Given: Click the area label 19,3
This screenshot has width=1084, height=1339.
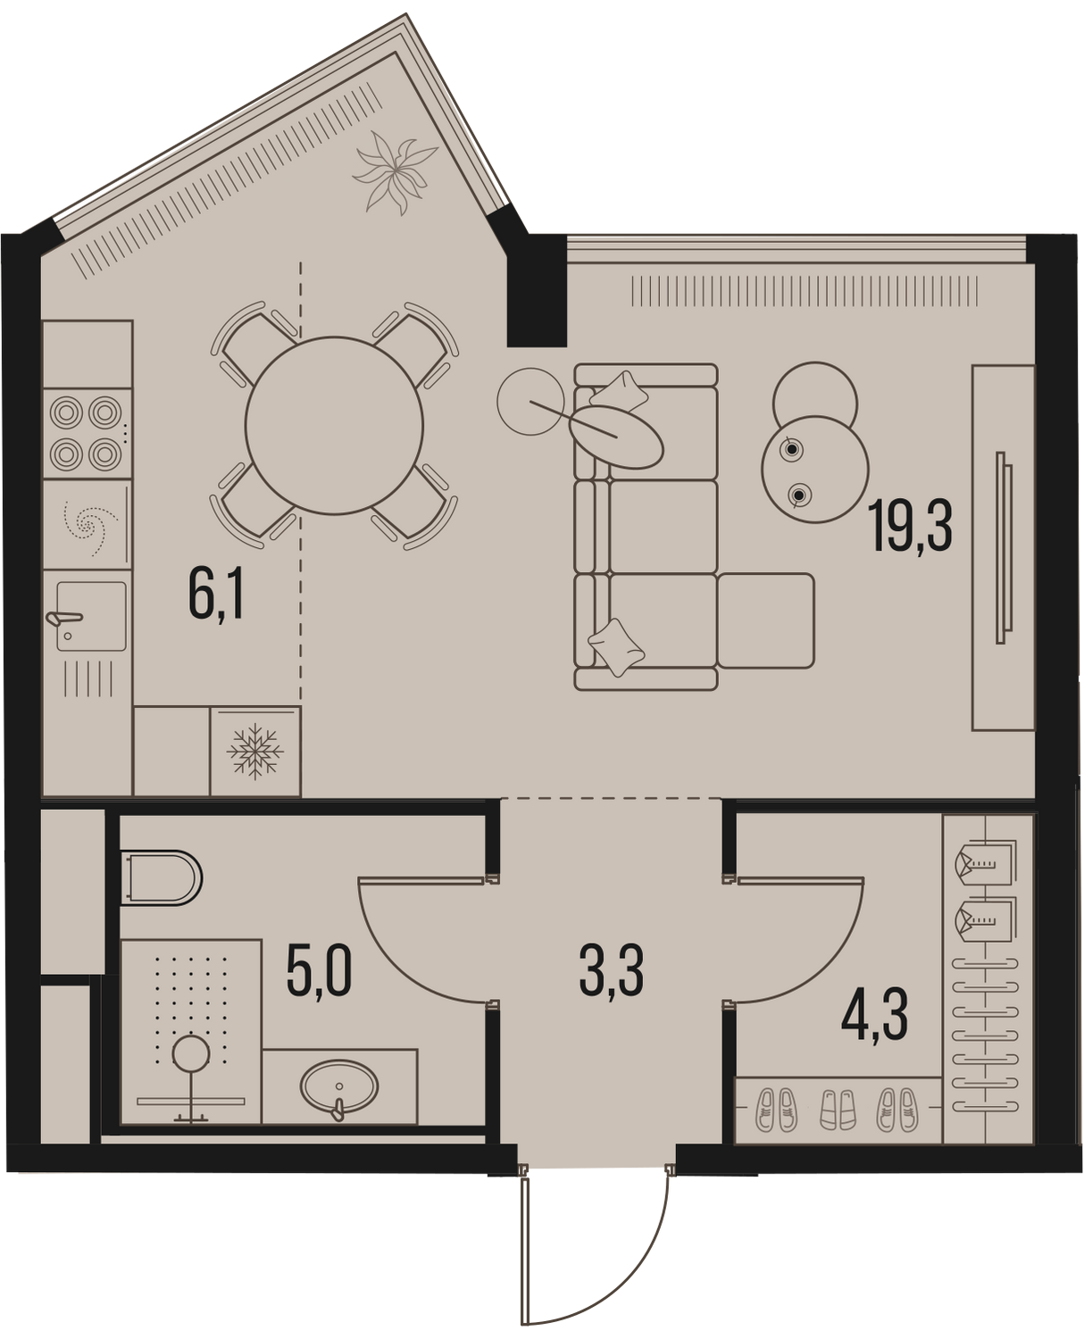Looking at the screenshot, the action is [x=910, y=527].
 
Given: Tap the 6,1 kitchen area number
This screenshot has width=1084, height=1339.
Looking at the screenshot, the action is [x=216, y=594].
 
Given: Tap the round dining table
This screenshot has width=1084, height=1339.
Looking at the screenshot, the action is [x=334, y=426].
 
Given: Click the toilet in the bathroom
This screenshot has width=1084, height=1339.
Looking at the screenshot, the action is [x=161, y=877].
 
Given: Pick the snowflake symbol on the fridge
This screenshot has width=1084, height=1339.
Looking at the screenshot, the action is [x=254, y=752].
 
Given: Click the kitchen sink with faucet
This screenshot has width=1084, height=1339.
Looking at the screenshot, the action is [x=90, y=616].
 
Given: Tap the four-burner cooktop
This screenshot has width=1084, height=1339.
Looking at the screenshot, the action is [x=87, y=434].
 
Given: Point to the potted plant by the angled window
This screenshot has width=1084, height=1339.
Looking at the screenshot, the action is [x=395, y=171].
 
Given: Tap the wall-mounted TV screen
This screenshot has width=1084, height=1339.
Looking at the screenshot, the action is [x=1004, y=547].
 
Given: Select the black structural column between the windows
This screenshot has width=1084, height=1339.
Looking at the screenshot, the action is [x=537, y=290].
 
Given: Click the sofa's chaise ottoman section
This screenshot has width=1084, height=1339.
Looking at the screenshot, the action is [x=766, y=620].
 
